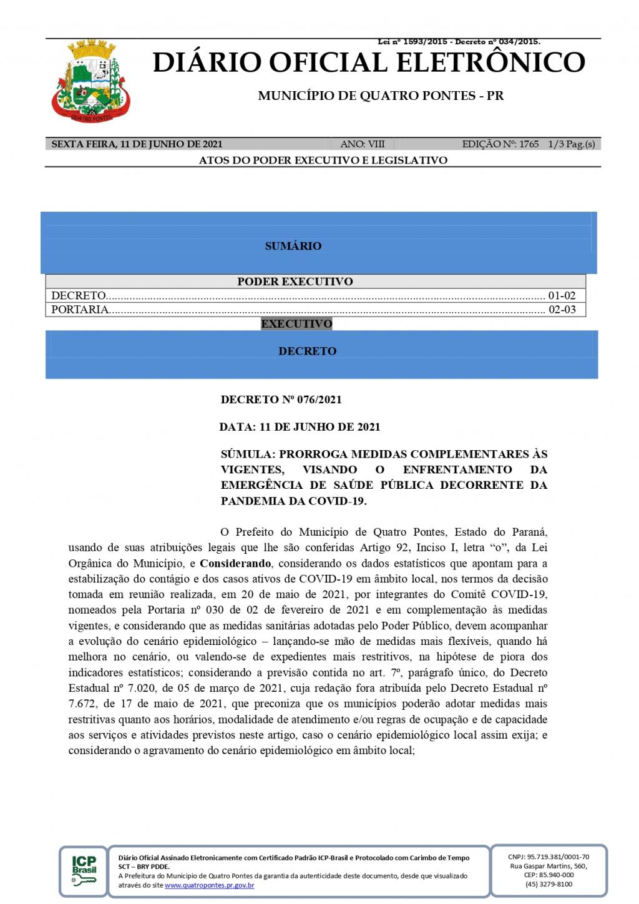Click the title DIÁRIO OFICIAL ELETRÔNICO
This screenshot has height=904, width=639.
point(369,62)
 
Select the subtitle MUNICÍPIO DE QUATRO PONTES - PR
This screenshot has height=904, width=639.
point(381,96)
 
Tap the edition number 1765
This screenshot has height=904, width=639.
point(529,144)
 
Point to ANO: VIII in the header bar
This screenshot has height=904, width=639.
point(362,144)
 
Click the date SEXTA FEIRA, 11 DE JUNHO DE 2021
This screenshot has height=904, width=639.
point(137,144)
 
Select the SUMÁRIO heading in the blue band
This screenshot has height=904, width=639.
point(293,246)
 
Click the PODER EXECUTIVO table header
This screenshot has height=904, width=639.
point(295,282)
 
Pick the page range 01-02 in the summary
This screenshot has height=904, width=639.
point(562,295)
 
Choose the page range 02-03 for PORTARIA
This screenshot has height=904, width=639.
point(562,309)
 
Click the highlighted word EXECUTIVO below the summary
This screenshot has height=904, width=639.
point(296,323)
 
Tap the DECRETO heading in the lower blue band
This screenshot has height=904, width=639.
point(307,351)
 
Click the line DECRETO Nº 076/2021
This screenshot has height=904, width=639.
point(281,400)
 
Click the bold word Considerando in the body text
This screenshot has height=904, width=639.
point(235,563)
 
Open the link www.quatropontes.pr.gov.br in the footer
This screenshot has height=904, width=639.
point(209,885)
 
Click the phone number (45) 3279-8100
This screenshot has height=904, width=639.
point(549,884)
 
